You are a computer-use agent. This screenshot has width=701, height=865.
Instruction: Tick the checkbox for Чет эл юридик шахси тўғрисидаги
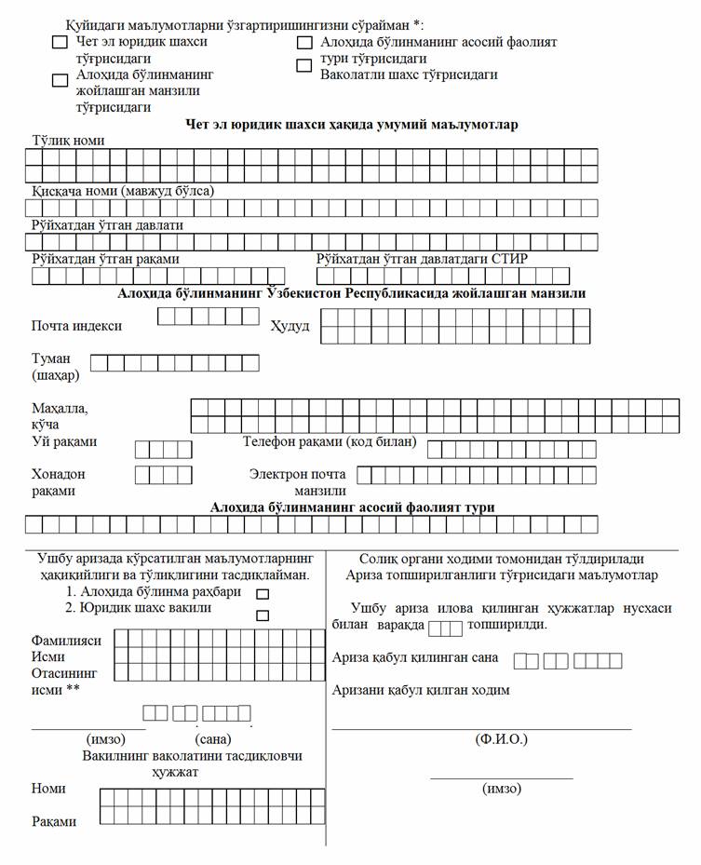pos(60,42)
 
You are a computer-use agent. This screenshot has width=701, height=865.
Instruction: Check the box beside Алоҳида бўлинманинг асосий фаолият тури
pos(303,43)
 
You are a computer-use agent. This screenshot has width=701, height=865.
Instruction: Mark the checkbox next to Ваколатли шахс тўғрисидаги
pos(303,65)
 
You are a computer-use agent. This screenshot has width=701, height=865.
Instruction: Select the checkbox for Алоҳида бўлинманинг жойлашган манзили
pos(60,80)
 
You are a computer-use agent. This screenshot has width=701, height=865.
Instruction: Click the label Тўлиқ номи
pos(68,141)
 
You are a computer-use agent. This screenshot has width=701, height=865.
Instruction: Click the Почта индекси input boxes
pos(208,317)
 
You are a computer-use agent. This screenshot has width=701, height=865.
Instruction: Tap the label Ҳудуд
pos(290,327)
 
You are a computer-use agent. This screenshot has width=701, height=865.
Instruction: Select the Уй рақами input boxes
pos(163,450)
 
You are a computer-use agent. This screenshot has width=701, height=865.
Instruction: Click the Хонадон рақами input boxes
pos(163,475)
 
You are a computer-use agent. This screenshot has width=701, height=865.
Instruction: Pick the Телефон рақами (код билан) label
pos(330,441)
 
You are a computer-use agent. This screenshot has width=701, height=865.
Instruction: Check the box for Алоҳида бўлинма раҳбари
pos(263,593)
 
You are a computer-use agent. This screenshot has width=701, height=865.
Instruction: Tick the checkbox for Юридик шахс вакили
pos(263,615)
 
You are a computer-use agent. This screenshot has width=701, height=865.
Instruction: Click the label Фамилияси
pos(67,641)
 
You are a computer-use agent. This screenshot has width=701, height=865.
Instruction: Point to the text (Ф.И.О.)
pos(501,739)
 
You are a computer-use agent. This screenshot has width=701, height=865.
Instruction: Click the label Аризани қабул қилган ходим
pos(421,690)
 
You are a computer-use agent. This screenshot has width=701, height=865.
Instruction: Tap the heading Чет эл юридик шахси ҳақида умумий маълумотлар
pos(352,125)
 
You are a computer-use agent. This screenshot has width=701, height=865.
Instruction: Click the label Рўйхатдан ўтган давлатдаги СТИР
pos(422,259)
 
